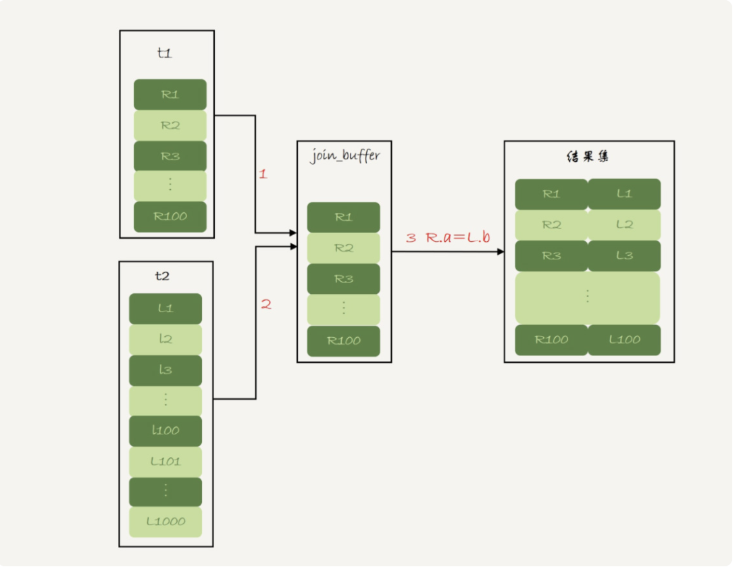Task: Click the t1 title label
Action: [x=164, y=53]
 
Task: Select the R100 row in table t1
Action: [x=170, y=217]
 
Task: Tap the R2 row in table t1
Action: [x=170, y=125]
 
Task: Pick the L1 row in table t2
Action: [x=165, y=308]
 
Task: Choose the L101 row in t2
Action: [x=165, y=462]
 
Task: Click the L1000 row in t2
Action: [x=165, y=522]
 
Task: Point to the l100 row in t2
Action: [x=165, y=430]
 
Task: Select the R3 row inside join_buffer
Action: [x=343, y=279]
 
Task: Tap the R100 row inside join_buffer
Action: [x=343, y=341]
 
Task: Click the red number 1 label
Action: [x=263, y=174]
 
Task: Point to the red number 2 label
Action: [x=265, y=304]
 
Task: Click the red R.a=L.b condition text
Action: [x=457, y=238]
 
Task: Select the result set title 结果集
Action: [x=589, y=157]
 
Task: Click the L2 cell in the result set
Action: [x=624, y=225]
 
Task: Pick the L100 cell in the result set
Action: [x=624, y=340]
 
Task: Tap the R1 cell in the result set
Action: [x=551, y=194]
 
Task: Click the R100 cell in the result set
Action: [x=551, y=340]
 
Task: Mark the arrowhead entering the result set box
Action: [x=501, y=252]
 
